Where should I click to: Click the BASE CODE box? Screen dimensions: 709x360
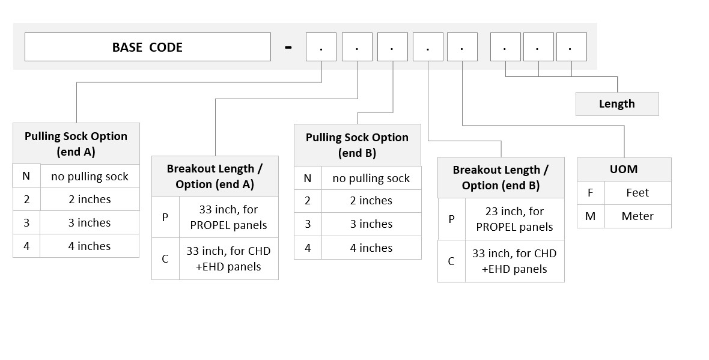147,47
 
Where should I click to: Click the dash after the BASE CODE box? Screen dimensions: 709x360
288,47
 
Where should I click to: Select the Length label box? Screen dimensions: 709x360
616,103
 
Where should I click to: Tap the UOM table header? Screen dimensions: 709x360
624,169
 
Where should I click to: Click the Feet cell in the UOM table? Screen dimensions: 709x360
637,193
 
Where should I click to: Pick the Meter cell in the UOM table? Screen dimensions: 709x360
637,216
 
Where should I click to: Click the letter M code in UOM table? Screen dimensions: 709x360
591,216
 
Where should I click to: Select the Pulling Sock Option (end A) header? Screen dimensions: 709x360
76,144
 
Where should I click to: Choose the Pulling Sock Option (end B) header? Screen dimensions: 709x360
358,145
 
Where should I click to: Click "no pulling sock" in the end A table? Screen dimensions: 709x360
90,176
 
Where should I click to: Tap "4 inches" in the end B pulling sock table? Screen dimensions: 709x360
371,248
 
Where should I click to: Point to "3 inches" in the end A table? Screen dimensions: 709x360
90,222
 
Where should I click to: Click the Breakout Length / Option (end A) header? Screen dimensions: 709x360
215,176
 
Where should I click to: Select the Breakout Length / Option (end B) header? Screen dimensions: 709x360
501,177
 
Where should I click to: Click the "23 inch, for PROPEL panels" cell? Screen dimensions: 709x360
514,219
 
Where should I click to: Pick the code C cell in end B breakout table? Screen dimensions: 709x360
451,261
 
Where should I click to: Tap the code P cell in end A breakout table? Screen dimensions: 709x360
165,217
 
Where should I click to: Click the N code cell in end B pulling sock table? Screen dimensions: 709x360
308,178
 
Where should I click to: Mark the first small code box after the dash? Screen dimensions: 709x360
321,47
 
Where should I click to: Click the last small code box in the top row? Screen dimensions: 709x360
571,47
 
